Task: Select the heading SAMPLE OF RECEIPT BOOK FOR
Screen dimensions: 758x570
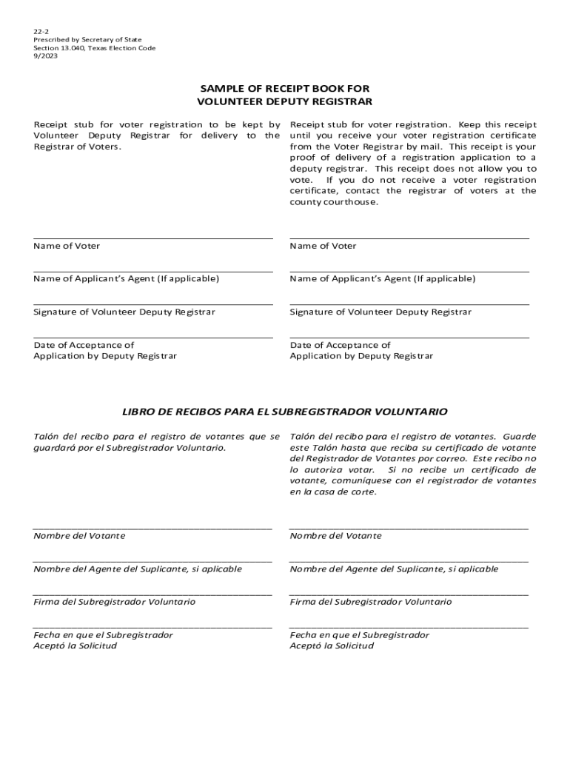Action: [284, 87]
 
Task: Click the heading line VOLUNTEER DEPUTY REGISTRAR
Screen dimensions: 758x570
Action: [284, 101]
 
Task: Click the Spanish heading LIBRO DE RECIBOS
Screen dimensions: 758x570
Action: [284, 411]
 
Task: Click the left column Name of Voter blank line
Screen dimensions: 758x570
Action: [153, 238]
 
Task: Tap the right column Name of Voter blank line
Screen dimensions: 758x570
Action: [409, 238]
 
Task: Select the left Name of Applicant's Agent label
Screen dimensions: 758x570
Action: [126, 279]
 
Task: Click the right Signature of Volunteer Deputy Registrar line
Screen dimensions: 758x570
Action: [409, 304]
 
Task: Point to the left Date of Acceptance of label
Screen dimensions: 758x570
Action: [84, 345]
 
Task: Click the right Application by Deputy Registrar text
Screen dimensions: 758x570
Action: [361, 356]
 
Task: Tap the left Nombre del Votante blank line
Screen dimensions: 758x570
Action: [153, 529]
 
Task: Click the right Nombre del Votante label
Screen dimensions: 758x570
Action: [335, 536]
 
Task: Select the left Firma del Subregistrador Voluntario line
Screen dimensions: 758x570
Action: [153, 594]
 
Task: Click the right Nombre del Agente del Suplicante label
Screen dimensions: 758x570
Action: [394, 569]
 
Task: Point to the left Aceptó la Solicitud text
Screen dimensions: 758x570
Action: [75, 646]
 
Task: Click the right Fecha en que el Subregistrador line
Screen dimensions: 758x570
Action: [409, 628]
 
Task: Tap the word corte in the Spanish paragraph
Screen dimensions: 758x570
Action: [361, 492]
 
